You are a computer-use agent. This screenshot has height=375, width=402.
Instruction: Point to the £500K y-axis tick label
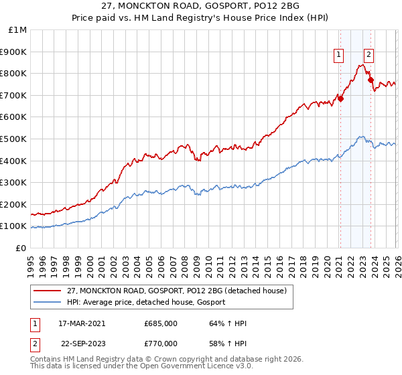(x=14, y=139)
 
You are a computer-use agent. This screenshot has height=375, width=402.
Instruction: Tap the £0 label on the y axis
(x=21, y=248)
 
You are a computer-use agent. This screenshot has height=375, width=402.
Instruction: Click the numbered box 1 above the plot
(x=339, y=56)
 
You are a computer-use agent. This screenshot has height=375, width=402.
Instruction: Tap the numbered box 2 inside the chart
(x=368, y=56)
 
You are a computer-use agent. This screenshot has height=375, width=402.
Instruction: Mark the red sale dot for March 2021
(x=340, y=98)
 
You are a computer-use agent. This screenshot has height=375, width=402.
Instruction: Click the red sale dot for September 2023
(x=371, y=80)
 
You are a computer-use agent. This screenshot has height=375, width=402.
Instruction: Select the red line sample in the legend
(x=48, y=291)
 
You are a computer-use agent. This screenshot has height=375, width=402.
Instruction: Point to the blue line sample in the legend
(x=48, y=302)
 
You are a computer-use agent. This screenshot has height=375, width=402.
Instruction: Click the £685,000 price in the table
(x=160, y=323)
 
